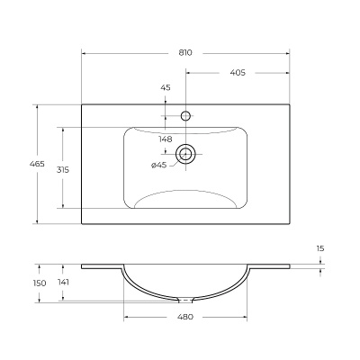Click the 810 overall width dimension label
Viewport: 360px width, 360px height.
click(x=185, y=53)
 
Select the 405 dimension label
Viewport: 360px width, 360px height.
click(x=238, y=73)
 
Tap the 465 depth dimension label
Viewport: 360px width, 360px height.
click(x=37, y=164)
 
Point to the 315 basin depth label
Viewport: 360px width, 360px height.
click(x=63, y=170)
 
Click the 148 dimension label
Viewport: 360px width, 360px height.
click(x=166, y=139)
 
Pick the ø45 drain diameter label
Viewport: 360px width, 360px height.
click(x=158, y=165)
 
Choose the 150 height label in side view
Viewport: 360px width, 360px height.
click(x=40, y=283)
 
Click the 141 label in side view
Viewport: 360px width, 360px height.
click(x=63, y=283)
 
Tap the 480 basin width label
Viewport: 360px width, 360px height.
click(x=185, y=317)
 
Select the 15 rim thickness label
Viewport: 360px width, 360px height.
click(x=320, y=248)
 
